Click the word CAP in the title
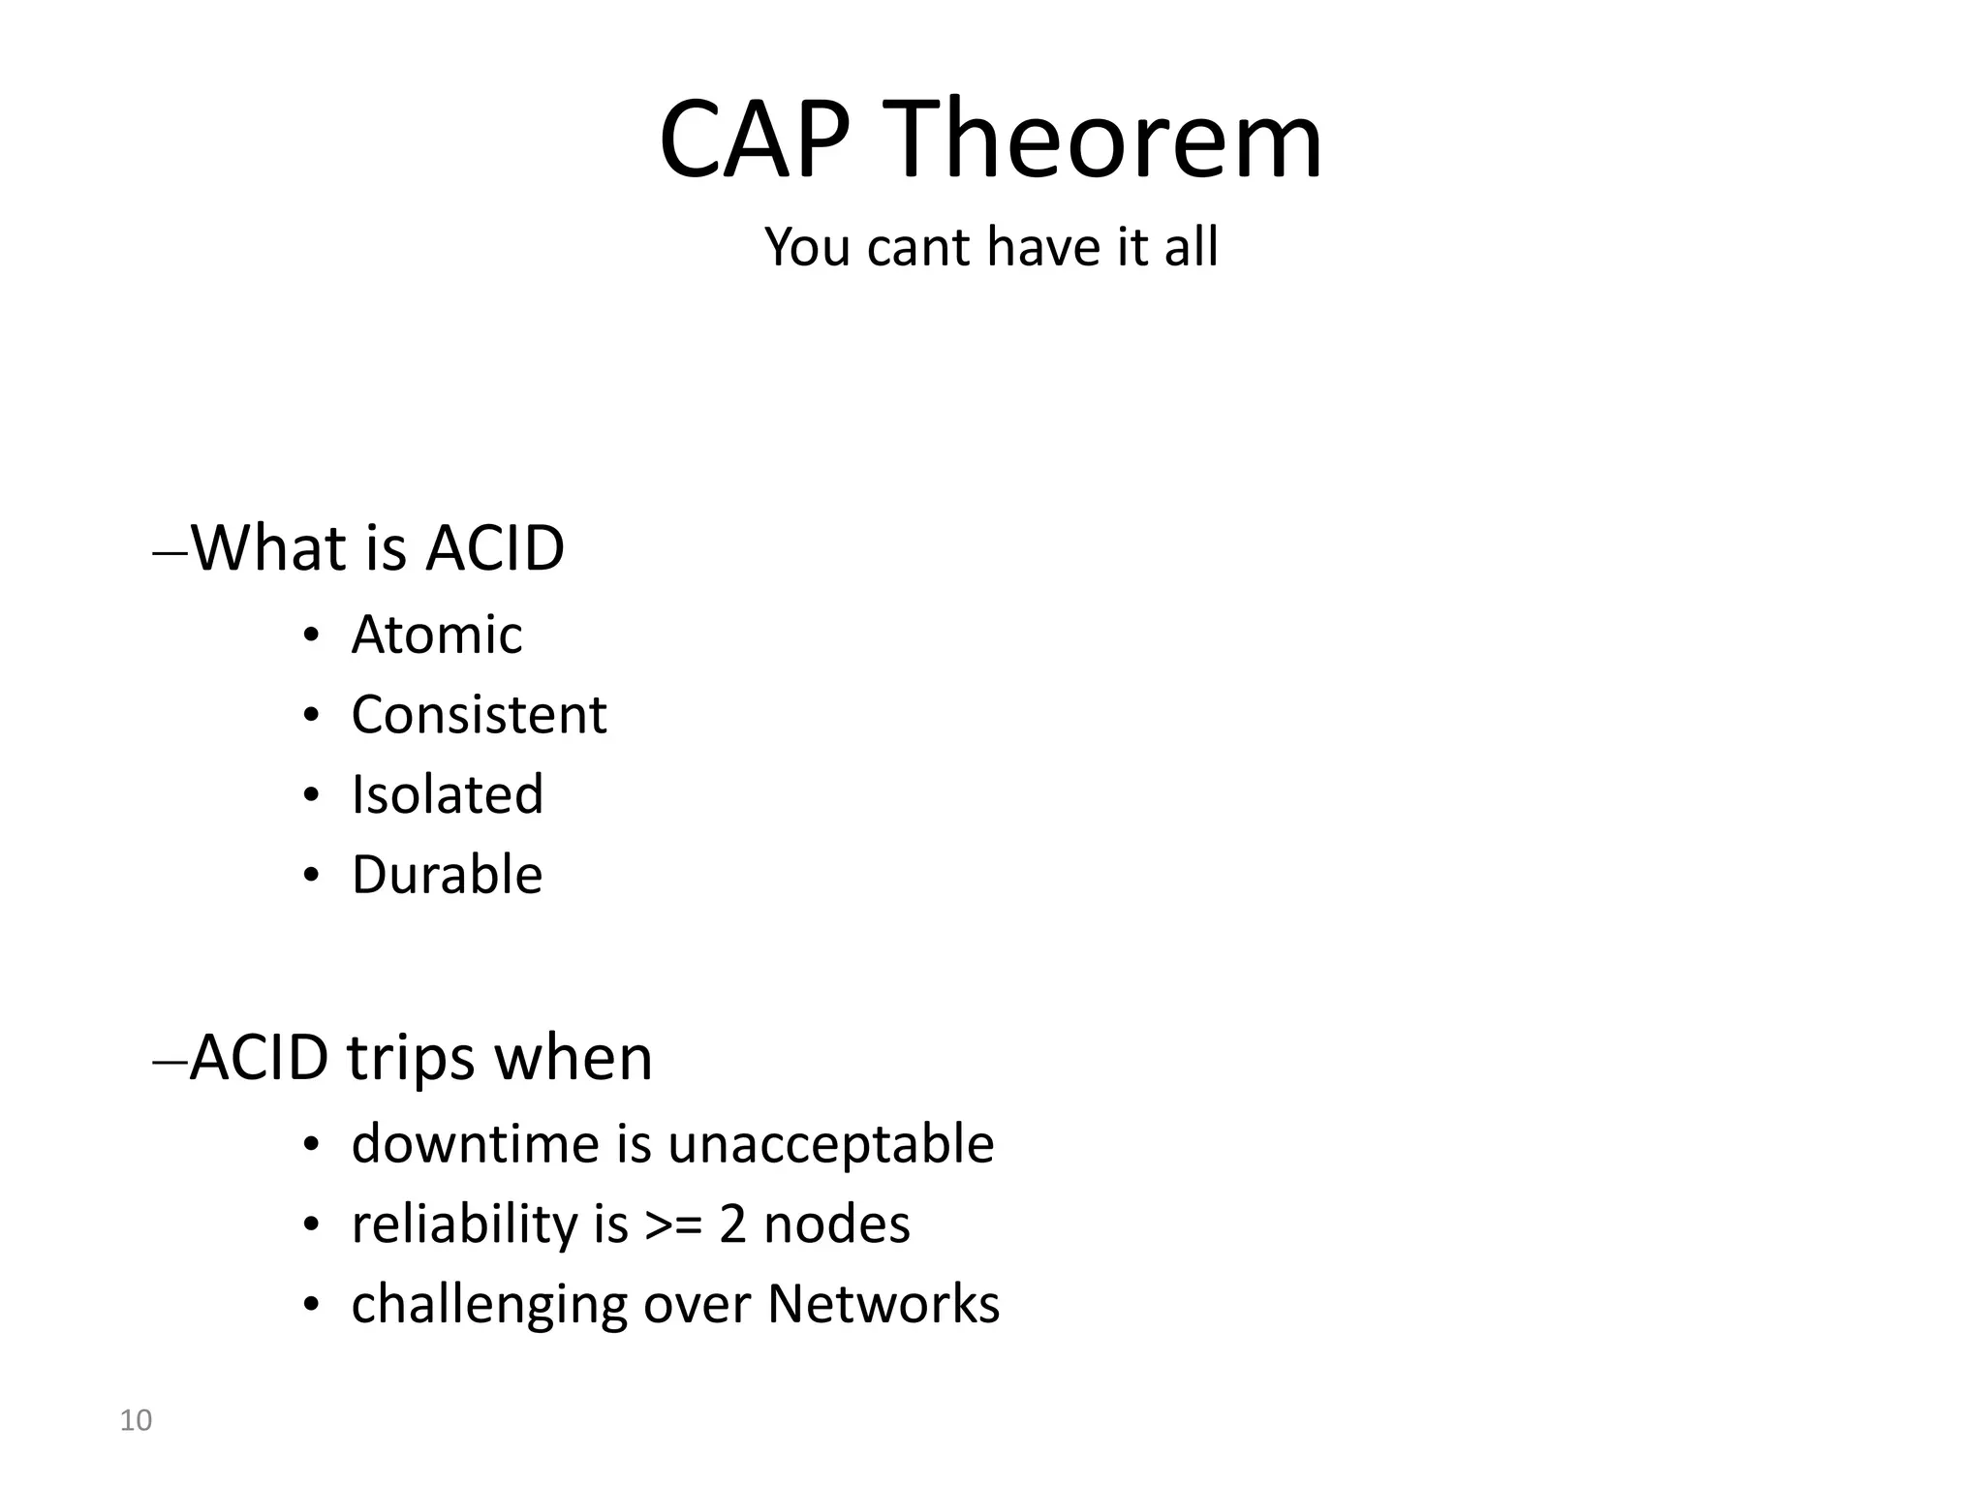click(x=756, y=140)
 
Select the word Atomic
click(x=436, y=635)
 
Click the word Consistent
click(x=479, y=715)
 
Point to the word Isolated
click(x=447, y=795)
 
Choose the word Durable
click(x=447, y=875)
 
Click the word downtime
click(x=476, y=1144)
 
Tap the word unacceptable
click(x=830, y=1144)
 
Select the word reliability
click(x=464, y=1224)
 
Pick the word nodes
click(x=837, y=1224)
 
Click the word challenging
click(x=489, y=1305)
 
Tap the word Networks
click(x=883, y=1304)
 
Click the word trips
click(x=411, y=1058)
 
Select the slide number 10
click(x=136, y=1421)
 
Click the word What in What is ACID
click(x=268, y=548)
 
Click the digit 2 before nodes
click(x=732, y=1224)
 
